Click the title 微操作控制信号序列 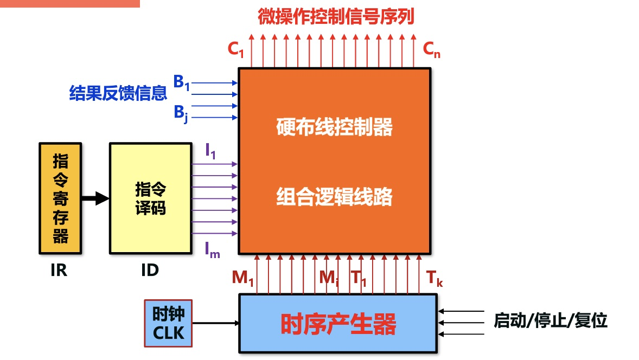[336, 17]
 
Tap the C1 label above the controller [236, 49]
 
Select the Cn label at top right [432, 49]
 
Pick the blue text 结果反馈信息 [118, 93]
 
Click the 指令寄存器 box [60, 198]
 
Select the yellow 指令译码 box [151, 198]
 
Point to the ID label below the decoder [150, 269]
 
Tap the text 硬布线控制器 [334, 128]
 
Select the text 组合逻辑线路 [334, 197]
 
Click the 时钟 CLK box [168, 324]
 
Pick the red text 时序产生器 [338, 324]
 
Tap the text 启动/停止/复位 [550, 320]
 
